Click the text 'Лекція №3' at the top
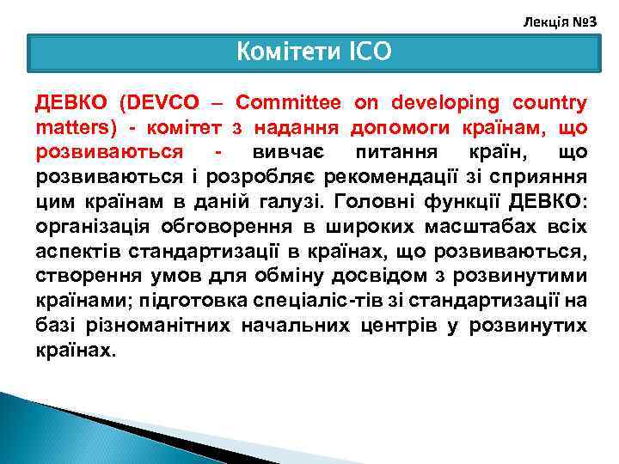click(x=560, y=18)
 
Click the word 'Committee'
click(x=289, y=103)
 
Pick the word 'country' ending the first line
click(x=551, y=103)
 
